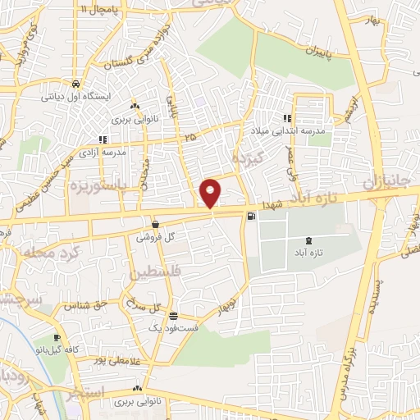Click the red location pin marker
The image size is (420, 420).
[212, 193]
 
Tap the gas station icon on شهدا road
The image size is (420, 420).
[250, 217]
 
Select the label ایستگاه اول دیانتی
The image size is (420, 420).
[76, 96]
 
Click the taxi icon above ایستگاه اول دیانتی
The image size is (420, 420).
[75, 84]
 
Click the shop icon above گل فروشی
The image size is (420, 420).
[155, 223]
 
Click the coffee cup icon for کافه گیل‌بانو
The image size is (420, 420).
[57, 338]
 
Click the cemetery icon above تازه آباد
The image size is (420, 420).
[308, 240]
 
